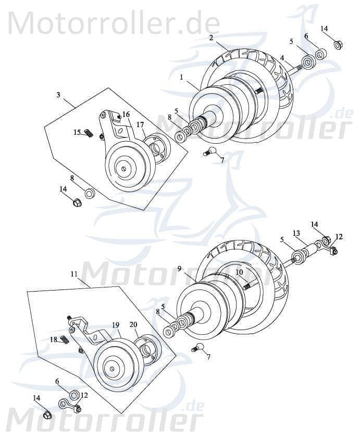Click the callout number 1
181,77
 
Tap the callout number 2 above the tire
211,37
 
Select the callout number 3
58,94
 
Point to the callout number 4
282,58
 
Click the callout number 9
179,269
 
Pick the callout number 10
239,272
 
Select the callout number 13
296,233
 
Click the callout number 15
77,132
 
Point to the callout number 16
126,115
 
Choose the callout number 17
140,124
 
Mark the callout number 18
54,339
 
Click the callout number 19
115,324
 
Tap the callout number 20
133,324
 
